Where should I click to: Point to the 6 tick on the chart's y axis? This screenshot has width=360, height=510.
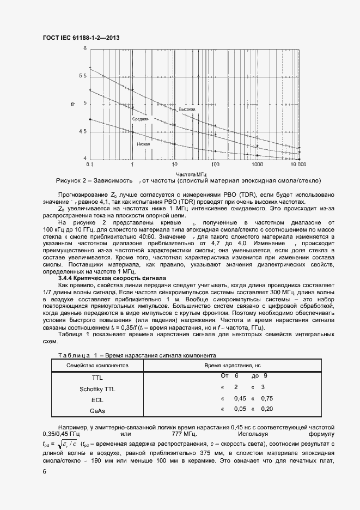click(84, 48)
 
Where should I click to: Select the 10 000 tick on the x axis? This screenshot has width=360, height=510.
click(298, 164)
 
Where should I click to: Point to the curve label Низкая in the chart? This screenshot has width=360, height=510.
click(144, 144)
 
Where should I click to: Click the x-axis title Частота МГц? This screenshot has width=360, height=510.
click(193, 172)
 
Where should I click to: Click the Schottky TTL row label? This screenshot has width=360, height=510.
click(97, 389)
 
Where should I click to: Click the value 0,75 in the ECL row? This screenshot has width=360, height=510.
click(266, 398)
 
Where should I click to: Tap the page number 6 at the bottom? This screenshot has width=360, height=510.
click(44, 472)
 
